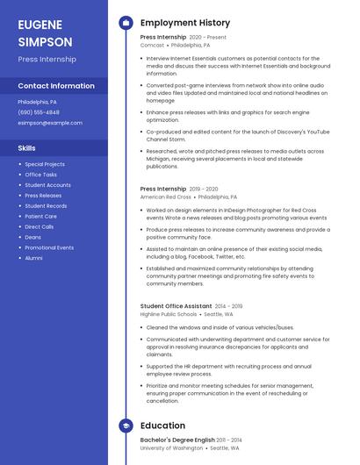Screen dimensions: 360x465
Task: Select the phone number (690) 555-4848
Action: click(x=39, y=112)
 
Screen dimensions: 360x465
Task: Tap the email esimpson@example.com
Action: click(x=50, y=123)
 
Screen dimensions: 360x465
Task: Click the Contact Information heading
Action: click(x=56, y=86)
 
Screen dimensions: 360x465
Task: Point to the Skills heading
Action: click(x=27, y=148)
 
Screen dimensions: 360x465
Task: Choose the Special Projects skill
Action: click(x=45, y=164)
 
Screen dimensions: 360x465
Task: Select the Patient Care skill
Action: click(x=41, y=216)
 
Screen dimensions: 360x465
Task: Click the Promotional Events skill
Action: click(x=49, y=247)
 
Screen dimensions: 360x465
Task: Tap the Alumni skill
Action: click(x=33, y=258)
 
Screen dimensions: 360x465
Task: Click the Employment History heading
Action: click(x=185, y=23)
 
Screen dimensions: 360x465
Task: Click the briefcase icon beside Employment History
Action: click(x=126, y=23)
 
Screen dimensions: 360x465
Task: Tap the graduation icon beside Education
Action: click(x=126, y=426)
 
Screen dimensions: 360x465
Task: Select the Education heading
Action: click(x=162, y=426)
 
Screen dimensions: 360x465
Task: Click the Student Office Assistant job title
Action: click(x=175, y=306)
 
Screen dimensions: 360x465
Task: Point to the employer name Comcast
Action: click(x=152, y=44)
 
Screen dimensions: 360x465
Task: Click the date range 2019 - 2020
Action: click(x=204, y=189)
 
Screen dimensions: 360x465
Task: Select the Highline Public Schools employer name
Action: click(x=169, y=314)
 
